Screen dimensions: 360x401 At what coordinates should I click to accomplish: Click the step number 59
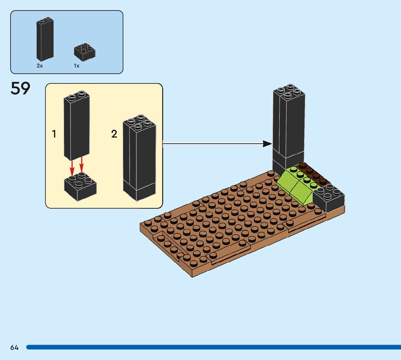[x=20, y=89]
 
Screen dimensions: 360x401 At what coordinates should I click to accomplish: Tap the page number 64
[x=15, y=347]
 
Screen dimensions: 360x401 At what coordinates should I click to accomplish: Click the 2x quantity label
[x=40, y=66]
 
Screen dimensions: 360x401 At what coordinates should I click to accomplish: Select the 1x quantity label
[x=77, y=66]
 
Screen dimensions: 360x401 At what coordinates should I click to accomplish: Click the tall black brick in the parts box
[x=45, y=39]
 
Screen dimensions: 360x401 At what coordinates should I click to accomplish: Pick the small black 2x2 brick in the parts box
[x=85, y=52]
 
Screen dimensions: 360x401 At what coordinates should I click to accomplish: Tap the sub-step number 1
[x=54, y=134]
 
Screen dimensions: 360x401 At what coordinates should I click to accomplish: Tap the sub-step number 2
[x=114, y=134]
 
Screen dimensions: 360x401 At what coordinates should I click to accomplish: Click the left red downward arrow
[x=72, y=168]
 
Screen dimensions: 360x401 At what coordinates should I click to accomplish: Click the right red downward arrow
[x=82, y=166]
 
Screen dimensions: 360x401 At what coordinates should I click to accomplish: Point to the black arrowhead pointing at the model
[x=268, y=144]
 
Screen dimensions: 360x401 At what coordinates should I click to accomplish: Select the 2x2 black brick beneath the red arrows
[x=80, y=188]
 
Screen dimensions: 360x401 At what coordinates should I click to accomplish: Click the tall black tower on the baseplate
[x=289, y=127]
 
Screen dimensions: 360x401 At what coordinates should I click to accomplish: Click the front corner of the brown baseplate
[x=192, y=274]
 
